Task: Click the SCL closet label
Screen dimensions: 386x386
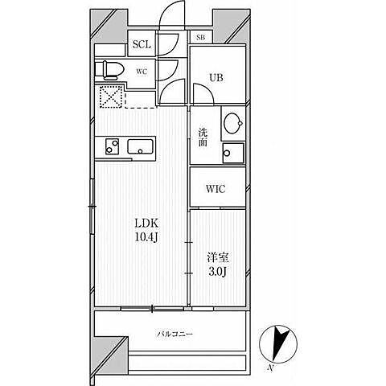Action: [x=142, y=44]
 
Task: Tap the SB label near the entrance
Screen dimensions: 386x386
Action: [x=200, y=37]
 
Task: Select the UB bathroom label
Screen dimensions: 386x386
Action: [x=216, y=78]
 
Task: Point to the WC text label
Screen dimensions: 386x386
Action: [x=142, y=72]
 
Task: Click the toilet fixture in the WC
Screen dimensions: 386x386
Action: [x=109, y=70]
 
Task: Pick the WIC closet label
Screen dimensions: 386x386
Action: [x=216, y=189]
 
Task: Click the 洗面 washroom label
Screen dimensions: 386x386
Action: [x=203, y=138]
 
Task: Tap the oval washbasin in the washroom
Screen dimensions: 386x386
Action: [x=233, y=123]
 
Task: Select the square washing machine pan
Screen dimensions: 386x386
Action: [x=233, y=153]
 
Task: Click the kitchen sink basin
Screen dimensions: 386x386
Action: [x=142, y=146]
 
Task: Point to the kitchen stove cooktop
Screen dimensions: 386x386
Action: [x=112, y=146]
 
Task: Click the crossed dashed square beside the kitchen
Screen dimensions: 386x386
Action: [x=111, y=96]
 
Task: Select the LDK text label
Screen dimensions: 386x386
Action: [x=147, y=223]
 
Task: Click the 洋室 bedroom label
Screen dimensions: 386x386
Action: [x=218, y=257]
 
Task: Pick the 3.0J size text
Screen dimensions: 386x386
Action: [x=218, y=272]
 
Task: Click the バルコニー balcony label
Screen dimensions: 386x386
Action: [x=175, y=334]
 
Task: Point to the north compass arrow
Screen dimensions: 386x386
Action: [x=279, y=343]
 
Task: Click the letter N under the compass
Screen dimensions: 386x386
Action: [x=271, y=368]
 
